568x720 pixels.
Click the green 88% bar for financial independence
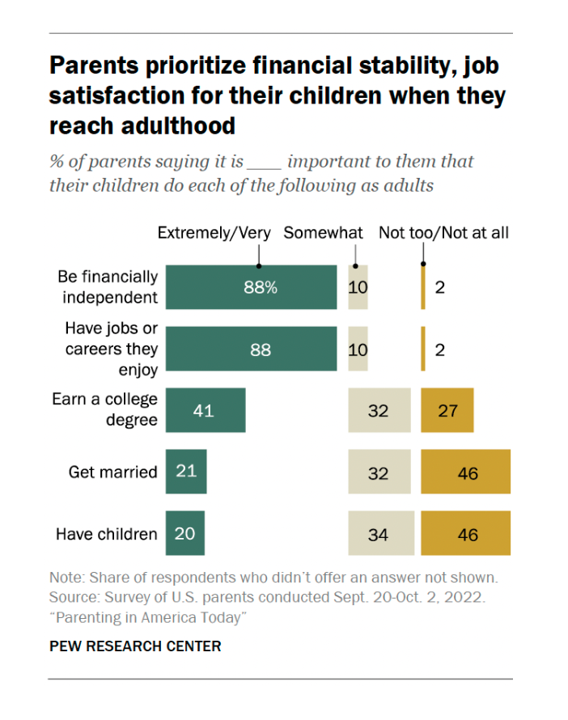251,287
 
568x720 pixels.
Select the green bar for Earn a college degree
206,410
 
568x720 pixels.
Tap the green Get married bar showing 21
186,472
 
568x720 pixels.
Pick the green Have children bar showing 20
185,534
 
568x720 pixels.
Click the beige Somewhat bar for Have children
379,534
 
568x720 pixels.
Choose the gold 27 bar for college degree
447,410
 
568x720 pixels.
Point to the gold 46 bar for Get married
466,472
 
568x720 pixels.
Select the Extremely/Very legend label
214,233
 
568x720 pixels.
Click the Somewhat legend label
324,233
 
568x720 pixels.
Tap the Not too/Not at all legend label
444,233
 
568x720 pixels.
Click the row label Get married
112,472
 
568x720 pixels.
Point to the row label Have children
106,534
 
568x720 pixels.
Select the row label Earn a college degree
105,410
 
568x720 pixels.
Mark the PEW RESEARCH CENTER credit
135,646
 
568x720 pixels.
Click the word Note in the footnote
66,578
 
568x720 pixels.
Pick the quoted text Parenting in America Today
147,618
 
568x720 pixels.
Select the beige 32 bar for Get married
379,472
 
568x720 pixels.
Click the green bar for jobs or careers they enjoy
251,349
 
